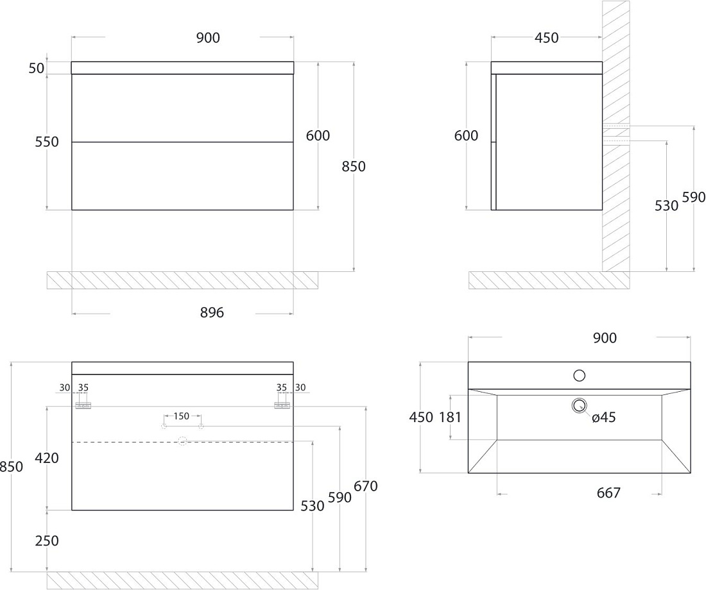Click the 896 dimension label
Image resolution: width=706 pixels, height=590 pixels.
coord(212,312)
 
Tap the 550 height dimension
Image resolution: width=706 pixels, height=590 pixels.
coord(47,142)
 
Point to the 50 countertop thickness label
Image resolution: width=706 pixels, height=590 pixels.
coord(37,69)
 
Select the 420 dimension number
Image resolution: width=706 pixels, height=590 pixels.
coord(47,458)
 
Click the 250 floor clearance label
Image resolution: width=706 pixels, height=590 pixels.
coord(47,541)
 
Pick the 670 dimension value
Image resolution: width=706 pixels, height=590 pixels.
coord(366,486)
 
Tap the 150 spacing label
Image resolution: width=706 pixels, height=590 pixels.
coord(182,416)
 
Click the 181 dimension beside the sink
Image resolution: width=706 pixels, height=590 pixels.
coord(451,417)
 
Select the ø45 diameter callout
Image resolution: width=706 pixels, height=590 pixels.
coord(604,417)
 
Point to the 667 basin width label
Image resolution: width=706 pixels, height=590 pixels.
coord(608,493)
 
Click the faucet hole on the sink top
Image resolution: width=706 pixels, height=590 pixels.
coord(579,375)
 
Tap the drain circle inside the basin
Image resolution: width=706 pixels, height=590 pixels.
coord(580,405)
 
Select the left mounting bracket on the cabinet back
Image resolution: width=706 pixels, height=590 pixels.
coord(83,405)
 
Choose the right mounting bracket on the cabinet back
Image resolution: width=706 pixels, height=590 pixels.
coord(282,405)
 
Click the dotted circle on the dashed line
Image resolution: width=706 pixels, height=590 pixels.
coord(182,441)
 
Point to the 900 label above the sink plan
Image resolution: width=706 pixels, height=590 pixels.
coord(605,338)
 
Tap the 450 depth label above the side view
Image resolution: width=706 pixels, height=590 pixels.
coord(547,38)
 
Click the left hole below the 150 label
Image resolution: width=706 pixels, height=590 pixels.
coord(164,426)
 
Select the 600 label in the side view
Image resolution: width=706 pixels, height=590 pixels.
coord(466,135)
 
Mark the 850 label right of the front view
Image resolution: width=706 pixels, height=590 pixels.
coord(354,167)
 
